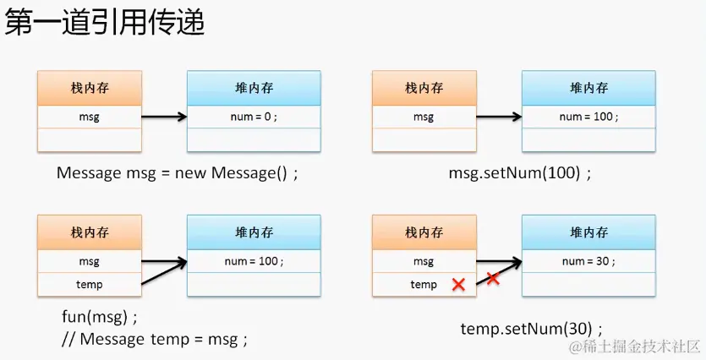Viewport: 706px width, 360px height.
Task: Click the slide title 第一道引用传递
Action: click(105, 23)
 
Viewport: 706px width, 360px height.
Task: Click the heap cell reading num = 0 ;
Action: click(254, 117)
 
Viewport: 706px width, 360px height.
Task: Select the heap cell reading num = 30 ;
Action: click(588, 261)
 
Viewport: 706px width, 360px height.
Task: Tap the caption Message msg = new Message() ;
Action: click(178, 173)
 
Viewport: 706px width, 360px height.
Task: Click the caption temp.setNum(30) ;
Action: click(532, 328)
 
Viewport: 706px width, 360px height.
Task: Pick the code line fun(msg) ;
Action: click(99, 319)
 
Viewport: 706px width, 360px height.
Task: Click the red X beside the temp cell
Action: click(458, 285)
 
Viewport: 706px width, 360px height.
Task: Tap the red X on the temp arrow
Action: click(492, 277)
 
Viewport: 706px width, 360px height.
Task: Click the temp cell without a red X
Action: click(89, 285)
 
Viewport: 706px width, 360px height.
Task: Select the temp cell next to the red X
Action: click(424, 285)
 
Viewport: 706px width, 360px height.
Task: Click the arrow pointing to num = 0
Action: click(164, 117)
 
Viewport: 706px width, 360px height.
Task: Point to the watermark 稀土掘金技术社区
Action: click(635, 346)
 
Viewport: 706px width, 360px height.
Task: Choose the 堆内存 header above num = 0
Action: click(254, 88)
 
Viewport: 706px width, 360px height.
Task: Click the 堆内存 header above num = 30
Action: click(588, 232)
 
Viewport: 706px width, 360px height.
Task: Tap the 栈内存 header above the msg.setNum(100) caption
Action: click(424, 88)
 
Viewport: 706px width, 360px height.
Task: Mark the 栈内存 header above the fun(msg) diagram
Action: click(89, 232)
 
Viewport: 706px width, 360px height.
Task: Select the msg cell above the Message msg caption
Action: click(89, 117)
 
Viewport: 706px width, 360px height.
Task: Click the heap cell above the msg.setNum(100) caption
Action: click(588, 117)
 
